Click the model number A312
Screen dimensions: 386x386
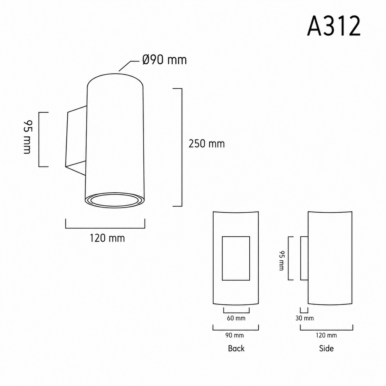[334, 26]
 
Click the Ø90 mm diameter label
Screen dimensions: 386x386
[164, 60]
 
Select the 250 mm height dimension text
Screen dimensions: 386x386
[207, 144]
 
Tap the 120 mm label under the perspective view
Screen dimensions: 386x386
[107, 238]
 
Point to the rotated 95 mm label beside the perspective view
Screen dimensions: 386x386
[27, 137]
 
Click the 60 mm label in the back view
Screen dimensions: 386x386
[236, 318]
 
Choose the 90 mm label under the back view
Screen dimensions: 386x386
[234, 335]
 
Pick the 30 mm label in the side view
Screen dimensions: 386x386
[304, 318]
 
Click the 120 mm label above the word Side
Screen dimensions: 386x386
[326, 335]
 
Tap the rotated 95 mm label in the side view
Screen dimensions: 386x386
[282, 261]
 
